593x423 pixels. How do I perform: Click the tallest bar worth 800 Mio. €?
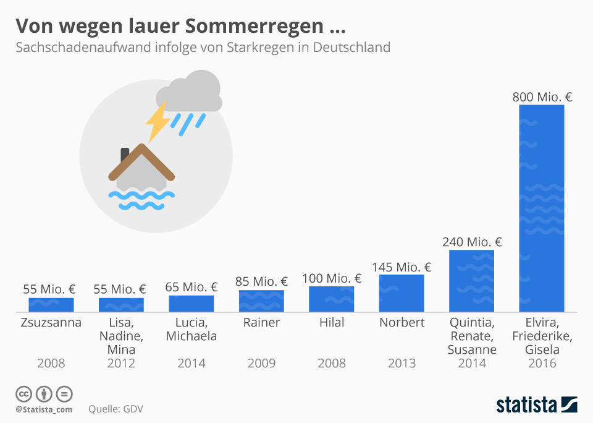pyautogui.click(x=541, y=208)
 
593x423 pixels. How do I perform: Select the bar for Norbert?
pyautogui.click(x=402, y=293)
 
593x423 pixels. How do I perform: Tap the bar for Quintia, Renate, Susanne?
pyautogui.click(x=471, y=281)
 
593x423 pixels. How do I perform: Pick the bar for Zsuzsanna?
pyautogui.click(x=51, y=304)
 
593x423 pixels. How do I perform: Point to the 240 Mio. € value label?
pyautogui.click(x=472, y=242)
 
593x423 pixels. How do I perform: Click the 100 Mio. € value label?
pyautogui.click(x=332, y=278)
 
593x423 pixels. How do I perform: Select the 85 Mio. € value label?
pyautogui.click(x=261, y=282)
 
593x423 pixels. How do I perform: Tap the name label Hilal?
pyautogui.click(x=332, y=323)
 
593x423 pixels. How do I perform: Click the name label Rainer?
pyautogui.click(x=261, y=323)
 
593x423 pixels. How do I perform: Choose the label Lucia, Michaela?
pyautogui.click(x=191, y=330)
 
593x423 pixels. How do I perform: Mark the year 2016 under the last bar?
pyautogui.click(x=542, y=364)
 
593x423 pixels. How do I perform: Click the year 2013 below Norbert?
pyautogui.click(x=402, y=364)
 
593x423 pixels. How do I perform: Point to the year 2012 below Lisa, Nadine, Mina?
pyautogui.click(x=121, y=364)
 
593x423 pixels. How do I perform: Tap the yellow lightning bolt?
pyautogui.click(x=158, y=121)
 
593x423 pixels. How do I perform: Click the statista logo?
pyautogui.click(x=536, y=405)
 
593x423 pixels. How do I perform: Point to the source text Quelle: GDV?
pyautogui.click(x=116, y=409)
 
